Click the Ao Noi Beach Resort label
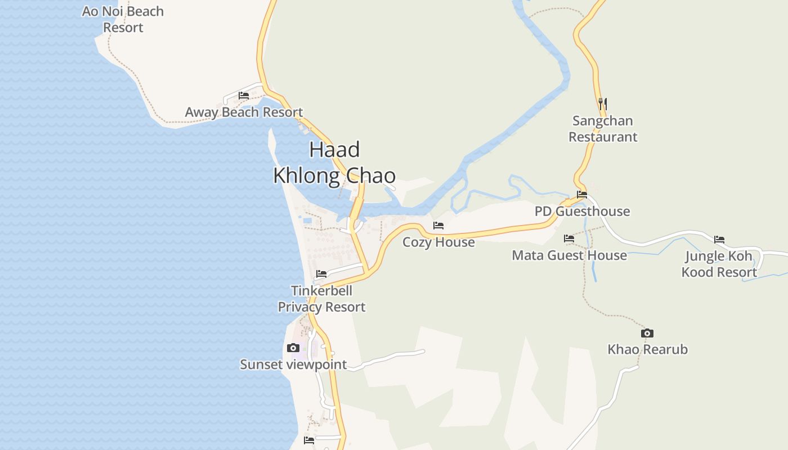(x=123, y=19)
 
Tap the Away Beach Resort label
(x=244, y=112)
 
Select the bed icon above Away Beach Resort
(x=244, y=96)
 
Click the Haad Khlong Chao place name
(x=334, y=163)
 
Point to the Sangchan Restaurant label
(x=603, y=129)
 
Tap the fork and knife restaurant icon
(x=603, y=104)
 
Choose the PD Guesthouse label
(x=582, y=211)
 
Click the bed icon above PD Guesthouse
(x=582, y=195)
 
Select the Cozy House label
(x=438, y=242)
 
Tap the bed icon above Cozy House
(x=438, y=226)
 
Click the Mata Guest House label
(x=569, y=255)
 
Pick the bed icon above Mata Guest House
(x=569, y=238)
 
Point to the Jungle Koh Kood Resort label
(x=719, y=264)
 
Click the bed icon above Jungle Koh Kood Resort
(x=719, y=240)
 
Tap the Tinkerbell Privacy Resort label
(x=321, y=299)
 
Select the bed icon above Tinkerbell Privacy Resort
(x=321, y=274)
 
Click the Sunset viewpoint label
(x=293, y=364)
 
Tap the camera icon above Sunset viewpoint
(x=293, y=348)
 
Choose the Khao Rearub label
(x=647, y=349)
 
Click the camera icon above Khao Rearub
(x=647, y=333)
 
